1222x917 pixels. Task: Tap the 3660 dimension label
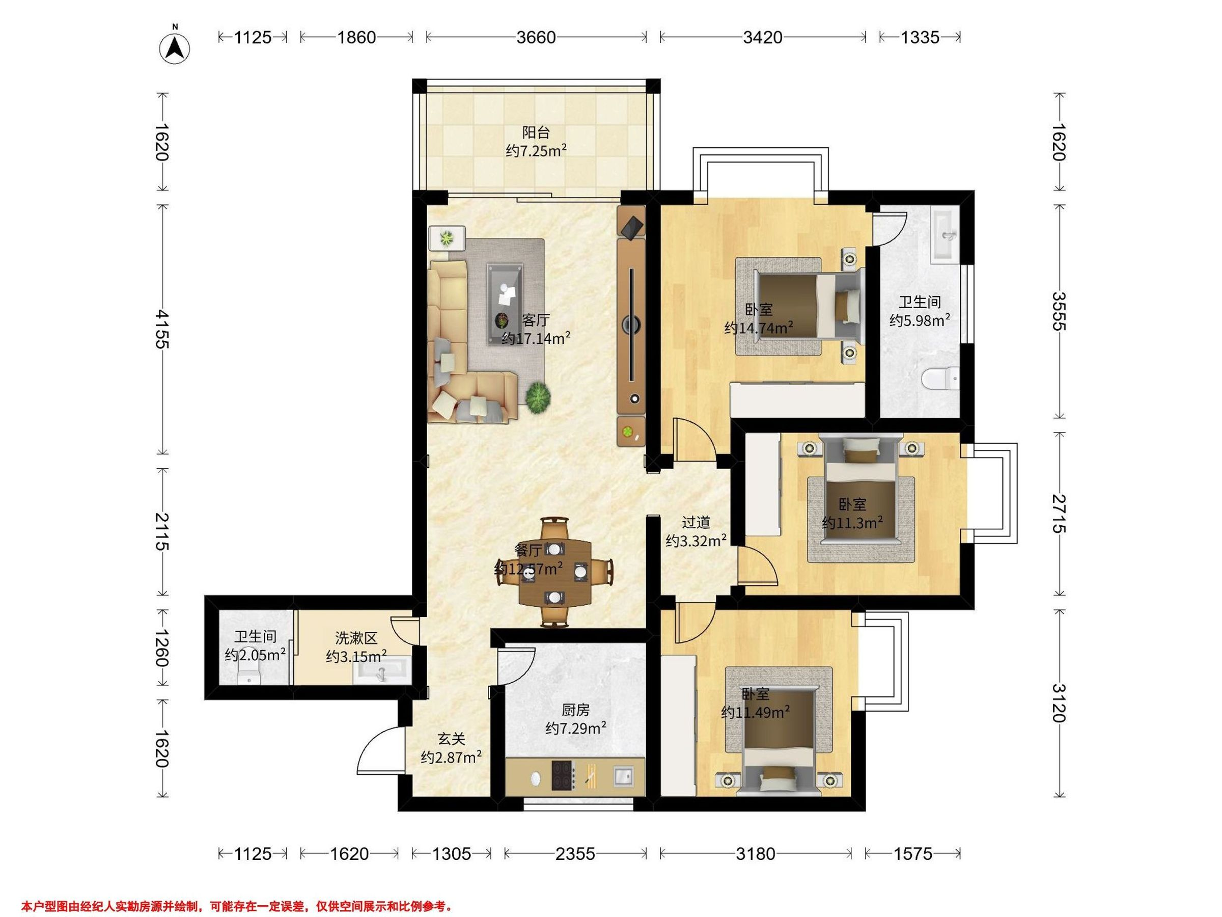[x=536, y=37]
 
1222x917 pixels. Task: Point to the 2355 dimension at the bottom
[x=575, y=854]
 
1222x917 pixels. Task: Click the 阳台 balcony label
[x=536, y=132]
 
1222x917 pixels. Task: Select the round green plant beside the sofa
[x=538, y=397]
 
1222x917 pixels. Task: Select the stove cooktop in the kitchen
[x=564, y=775]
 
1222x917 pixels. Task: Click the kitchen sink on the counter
[x=623, y=776]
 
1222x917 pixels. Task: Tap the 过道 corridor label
[x=696, y=522]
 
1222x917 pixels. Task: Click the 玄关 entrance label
[x=451, y=739]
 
